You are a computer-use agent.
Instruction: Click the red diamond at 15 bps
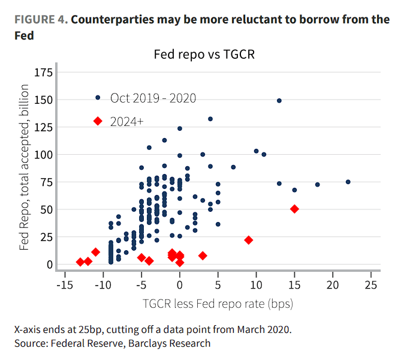tap(294, 209)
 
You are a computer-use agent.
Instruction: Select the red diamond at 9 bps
tap(248, 240)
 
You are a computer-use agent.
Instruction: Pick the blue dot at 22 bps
tap(348, 182)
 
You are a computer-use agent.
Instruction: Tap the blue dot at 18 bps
tap(317, 184)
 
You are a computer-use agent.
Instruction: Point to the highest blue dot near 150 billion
tap(279, 100)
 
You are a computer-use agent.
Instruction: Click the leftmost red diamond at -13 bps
tap(80, 262)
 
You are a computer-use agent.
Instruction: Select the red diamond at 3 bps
tap(203, 256)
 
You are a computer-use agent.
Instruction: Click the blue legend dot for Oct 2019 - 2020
tap(98, 97)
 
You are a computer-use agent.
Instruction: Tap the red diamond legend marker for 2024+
tap(98, 121)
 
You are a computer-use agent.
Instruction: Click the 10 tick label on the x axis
tap(256, 283)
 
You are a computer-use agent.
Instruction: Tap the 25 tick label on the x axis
tap(371, 283)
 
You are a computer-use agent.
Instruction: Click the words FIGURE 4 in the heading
tap(40, 20)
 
